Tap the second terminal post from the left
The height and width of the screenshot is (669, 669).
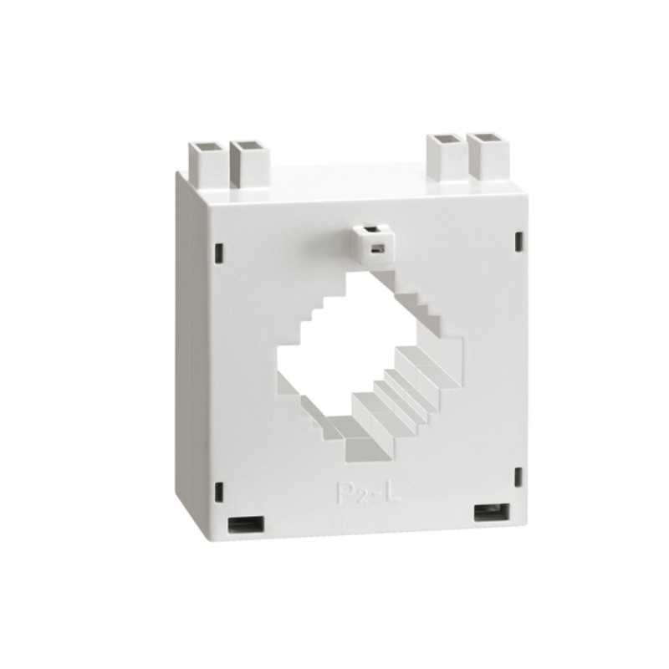coord(248,163)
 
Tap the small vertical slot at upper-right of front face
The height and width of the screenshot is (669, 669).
coord(518,243)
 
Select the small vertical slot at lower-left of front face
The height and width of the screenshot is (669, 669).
coord(220,490)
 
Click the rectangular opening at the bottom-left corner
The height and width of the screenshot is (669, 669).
coord(246,524)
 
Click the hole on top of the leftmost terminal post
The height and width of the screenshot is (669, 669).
coord(207,146)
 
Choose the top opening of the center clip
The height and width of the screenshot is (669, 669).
coord(367,227)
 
